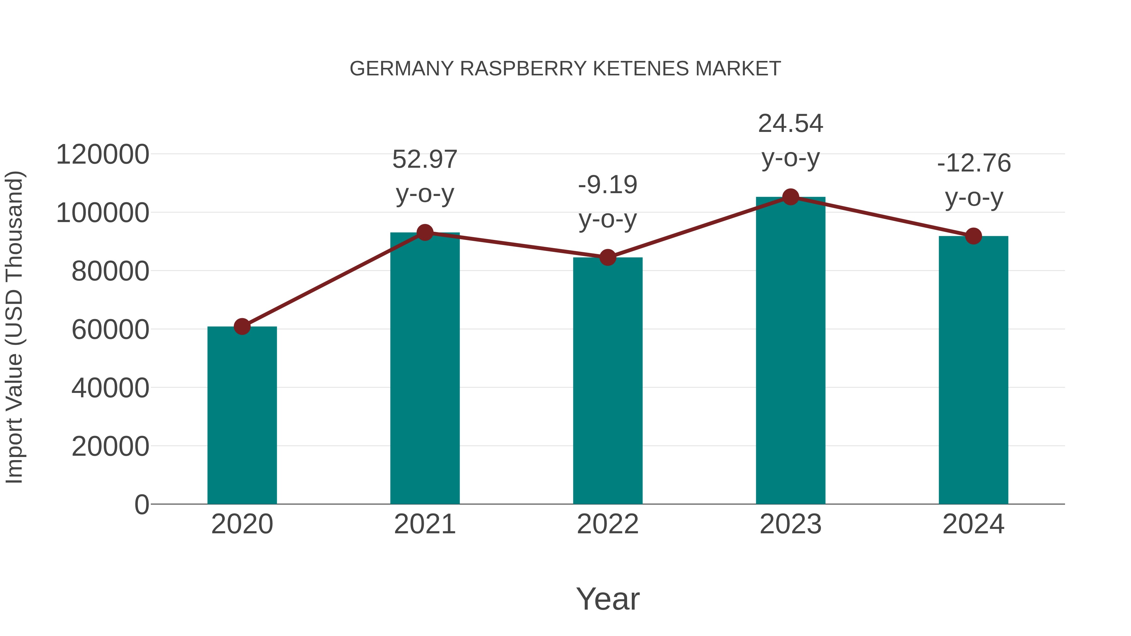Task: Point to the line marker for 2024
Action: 973,236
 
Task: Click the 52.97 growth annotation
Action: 424,159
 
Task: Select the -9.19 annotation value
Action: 608,185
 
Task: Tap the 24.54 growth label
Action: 790,124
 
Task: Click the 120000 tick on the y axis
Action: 103,155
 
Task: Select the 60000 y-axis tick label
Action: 110,330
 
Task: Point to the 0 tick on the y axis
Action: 142,504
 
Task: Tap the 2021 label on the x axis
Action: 424,524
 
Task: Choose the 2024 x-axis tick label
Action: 973,524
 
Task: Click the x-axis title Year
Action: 608,599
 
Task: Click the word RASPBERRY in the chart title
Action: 523,69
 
